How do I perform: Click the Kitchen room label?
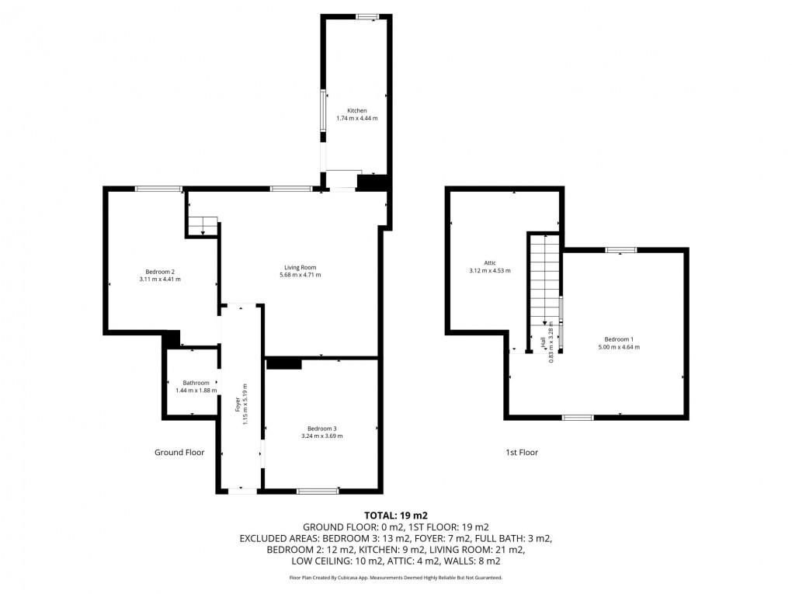point(357,110)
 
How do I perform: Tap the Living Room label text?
point(300,267)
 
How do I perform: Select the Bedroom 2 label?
point(160,271)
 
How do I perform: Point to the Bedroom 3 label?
point(321,429)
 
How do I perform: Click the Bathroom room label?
point(196,383)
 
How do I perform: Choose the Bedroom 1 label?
point(619,339)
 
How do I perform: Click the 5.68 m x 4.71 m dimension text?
point(300,275)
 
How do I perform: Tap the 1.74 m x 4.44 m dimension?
point(357,118)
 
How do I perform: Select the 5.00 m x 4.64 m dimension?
point(619,347)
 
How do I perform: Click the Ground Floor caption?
point(179,452)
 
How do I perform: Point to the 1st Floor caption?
point(522,452)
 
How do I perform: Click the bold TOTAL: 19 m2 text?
point(396,515)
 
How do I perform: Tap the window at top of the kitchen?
point(367,16)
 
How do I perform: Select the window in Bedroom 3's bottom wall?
point(318,490)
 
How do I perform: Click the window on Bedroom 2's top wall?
point(159,189)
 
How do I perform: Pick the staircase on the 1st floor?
point(544,276)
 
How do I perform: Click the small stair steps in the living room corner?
point(202,226)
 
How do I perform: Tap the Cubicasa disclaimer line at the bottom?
point(396,578)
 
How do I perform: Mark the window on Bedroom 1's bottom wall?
point(577,418)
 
